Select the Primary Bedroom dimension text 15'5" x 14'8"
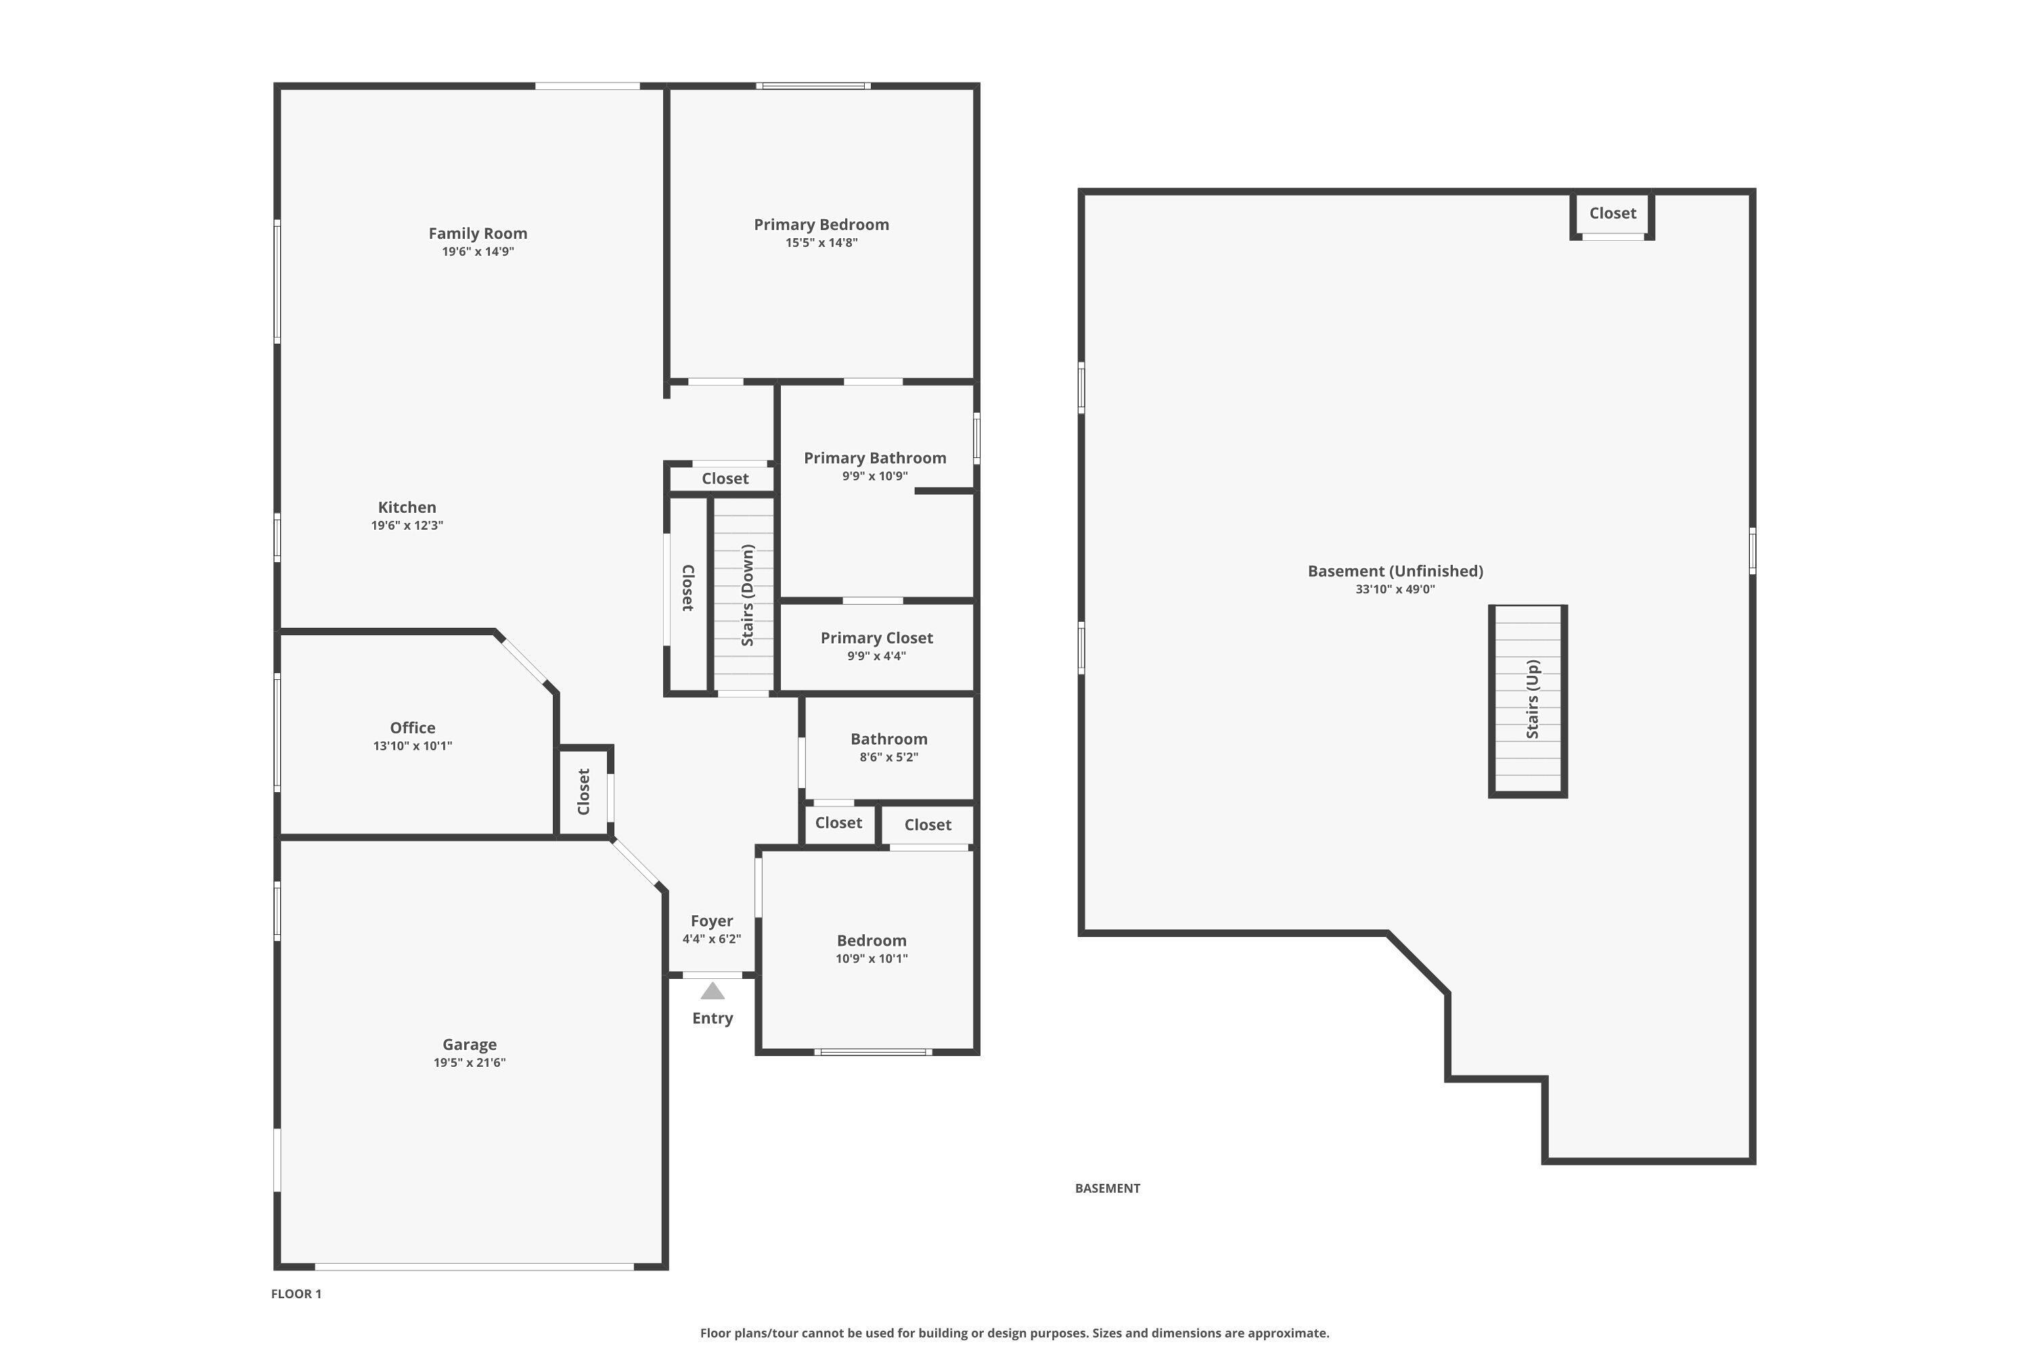[x=821, y=242]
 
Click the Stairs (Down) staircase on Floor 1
[x=743, y=595]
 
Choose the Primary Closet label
[x=876, y=638]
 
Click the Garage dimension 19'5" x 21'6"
[x=470, y=1062]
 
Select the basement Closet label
[x=1612, y=213]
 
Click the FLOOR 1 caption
[x=296, y=1293]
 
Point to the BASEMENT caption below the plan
[x=1107, y=1188]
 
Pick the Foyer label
[x=711, y=921]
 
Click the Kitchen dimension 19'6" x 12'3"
[x=407, y=526]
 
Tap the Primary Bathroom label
[x=875, y=458]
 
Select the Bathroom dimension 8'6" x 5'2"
[x=889, y=758]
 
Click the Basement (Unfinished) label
[x=1395, y=571]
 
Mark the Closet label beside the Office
[x=583, y=792]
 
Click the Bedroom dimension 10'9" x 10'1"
[x=872, y=959]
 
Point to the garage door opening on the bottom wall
[x=474, y=1266]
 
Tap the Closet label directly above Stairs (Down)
[x=725, y=479]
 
